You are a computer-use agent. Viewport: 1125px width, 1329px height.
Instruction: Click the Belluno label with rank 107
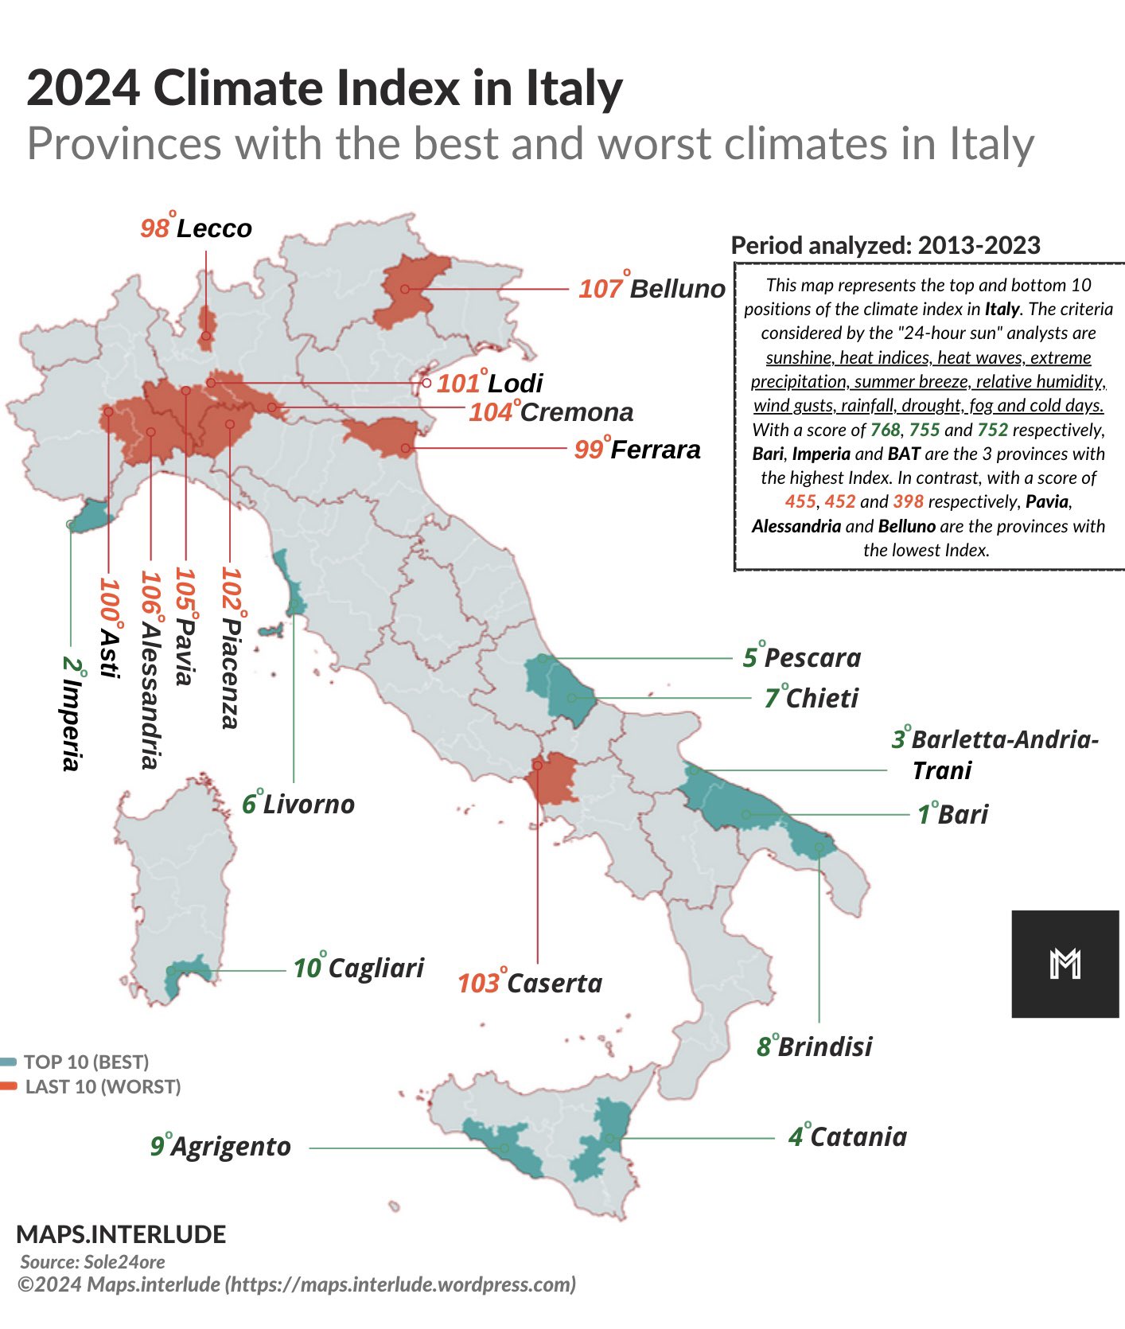(x=652, y=288)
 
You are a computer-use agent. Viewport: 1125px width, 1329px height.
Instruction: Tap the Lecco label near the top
(x=196, y=228)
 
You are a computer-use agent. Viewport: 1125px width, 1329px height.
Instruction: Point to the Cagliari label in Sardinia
(x=359, y=968)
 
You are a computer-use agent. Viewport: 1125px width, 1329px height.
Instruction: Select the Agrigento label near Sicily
(x=220, y=1147)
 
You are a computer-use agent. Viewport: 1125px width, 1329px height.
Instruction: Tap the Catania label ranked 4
(x=847, y=1136)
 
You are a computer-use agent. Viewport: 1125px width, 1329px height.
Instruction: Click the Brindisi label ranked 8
(x=814, y=1046)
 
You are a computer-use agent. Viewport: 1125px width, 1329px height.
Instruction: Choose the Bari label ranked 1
(x=952, y=815)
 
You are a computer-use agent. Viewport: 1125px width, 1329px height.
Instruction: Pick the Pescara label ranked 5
(x=802, y=658)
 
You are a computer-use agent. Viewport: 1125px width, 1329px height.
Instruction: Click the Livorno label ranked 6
(x=298, y=805)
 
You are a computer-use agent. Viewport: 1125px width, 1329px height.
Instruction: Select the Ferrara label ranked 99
(x=637, y=450)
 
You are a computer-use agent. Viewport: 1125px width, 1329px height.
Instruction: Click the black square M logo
(x=1065, y=964)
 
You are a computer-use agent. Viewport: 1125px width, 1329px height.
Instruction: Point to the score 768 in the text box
(x=885, y=431)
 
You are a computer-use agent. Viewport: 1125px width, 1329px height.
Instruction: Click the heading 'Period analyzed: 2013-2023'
(x=885, y=245)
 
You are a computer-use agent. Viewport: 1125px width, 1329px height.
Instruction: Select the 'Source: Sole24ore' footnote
(x=92, y=1261)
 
